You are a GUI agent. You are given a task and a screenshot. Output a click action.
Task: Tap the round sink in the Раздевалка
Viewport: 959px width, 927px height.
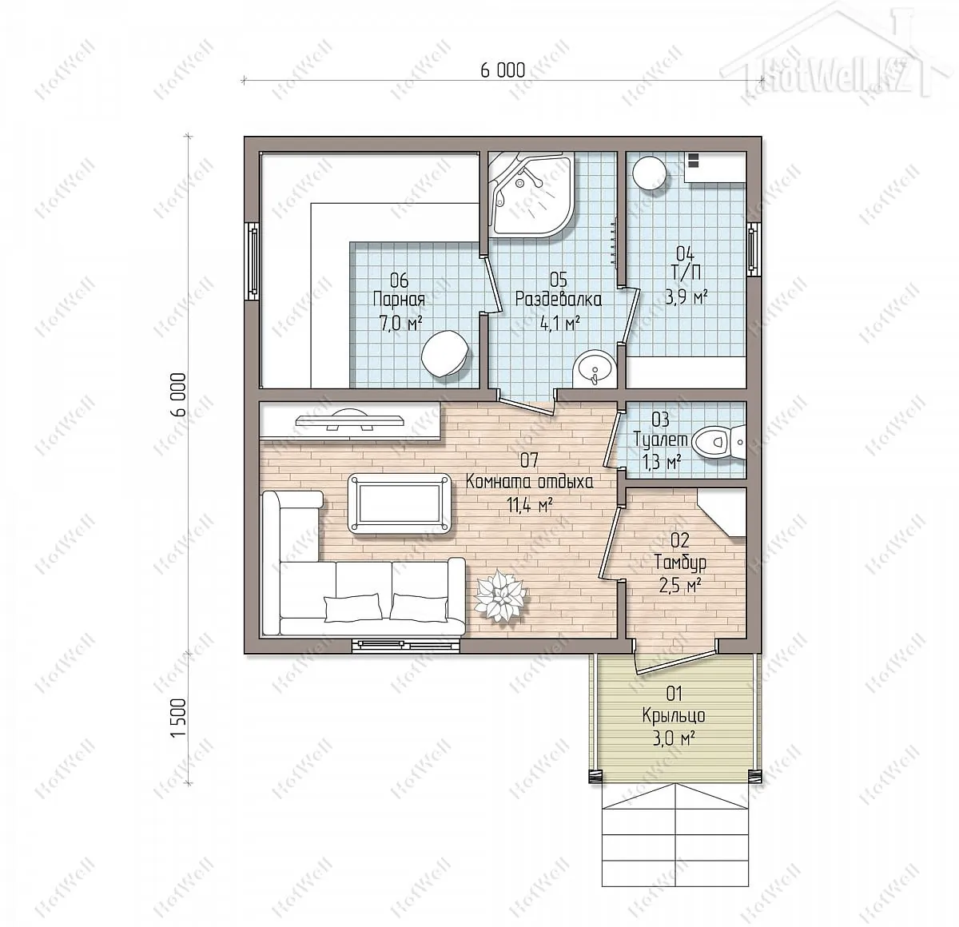coord(595,368)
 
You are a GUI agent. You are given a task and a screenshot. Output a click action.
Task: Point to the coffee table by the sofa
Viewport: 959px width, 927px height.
coord(399,503)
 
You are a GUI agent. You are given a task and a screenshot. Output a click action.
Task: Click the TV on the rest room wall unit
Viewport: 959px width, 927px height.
coord(350,420)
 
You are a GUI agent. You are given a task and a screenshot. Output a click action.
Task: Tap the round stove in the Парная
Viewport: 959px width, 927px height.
coord(445,354)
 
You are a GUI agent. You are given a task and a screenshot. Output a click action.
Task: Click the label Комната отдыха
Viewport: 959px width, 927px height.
coord(529,482)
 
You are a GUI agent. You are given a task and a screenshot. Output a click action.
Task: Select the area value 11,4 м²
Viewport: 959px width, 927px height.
coord(529,504)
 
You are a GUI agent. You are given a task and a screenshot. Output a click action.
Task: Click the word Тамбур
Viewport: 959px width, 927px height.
coord(680,563)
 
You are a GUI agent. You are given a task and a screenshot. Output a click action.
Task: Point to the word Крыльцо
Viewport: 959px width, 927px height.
coord(674,715)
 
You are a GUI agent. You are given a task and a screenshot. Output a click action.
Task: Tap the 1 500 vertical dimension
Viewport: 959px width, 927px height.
coord(179,718)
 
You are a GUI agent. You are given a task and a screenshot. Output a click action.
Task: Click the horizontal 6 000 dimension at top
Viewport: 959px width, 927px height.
coord(503,71)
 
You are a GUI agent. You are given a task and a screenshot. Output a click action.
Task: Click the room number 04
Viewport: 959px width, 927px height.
coord(685,253)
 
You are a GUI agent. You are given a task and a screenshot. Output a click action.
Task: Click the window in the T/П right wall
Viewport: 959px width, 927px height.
coord(753,249)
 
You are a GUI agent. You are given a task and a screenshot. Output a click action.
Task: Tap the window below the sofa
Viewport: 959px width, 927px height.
coord(407,646)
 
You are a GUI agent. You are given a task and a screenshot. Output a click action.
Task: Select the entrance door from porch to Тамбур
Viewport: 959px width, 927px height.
coord(674,658)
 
